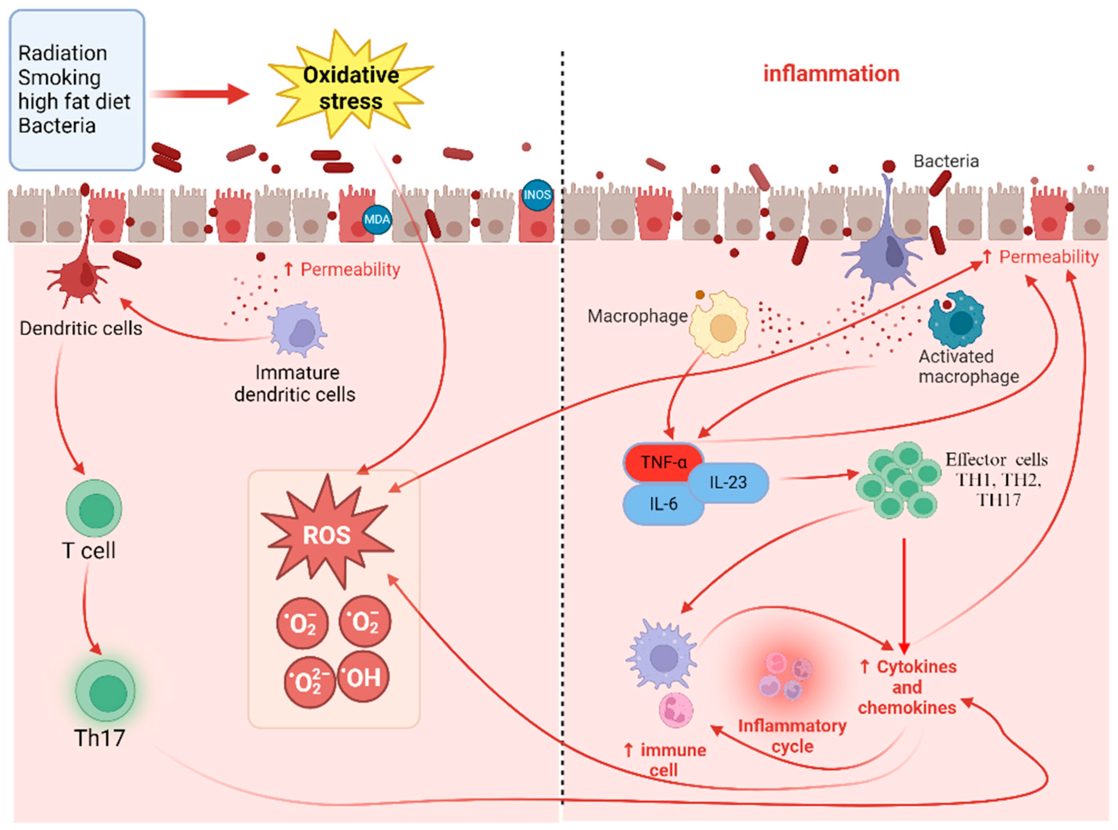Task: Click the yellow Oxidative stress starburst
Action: [351, 85]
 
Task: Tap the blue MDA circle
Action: [377, 220]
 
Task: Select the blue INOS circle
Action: [537, 195]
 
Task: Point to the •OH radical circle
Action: [363, 677]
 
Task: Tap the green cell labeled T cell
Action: [94, 508]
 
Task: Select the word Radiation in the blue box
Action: [63, 53]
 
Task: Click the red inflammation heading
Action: [831, 74]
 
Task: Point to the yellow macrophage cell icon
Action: [719, 323]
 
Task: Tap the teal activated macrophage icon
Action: [956, 319]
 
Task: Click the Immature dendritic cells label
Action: [295, 383]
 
